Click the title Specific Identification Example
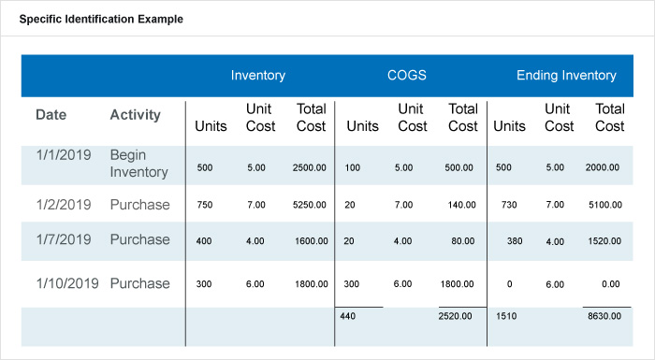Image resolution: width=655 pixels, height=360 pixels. [x=101, y=19]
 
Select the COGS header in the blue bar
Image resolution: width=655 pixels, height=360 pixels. [x=408, y=76]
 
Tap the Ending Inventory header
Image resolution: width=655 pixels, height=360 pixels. [x=566, y=76]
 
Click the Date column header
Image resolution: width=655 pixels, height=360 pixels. [x=51, y=115]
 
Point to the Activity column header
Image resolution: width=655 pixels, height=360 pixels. [x=136, y=115]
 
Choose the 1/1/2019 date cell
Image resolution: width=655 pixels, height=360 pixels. [x=64, y=155]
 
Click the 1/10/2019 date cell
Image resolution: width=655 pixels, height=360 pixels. [x=67, y=283]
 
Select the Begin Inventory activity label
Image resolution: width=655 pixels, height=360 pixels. [x=138, y=164]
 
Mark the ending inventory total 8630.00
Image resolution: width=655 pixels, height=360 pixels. [x=605, y=316]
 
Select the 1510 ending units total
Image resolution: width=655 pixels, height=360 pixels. [x=506, y=316]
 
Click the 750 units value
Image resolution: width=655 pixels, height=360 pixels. [x=204, y=204]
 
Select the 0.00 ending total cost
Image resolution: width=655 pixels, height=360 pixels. [x=611, y=284]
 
